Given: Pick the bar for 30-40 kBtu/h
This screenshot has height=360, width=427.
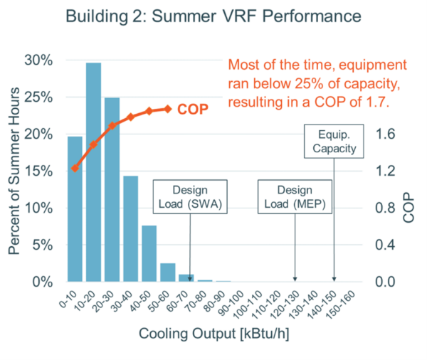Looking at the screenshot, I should coord(130,228).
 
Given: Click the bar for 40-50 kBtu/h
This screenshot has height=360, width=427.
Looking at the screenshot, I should coord(149,253).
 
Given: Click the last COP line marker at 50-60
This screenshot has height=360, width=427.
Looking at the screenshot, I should coord(168,109).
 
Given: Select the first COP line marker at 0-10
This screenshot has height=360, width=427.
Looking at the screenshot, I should coord(75,169).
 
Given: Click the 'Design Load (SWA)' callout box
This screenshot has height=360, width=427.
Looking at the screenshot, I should coord(188,197).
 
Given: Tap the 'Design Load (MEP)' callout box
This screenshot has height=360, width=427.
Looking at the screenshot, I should coord(294,197).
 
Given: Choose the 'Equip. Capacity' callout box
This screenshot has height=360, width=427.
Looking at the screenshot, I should coord(334,141).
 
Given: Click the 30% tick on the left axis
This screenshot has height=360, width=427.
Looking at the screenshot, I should coord(41,60).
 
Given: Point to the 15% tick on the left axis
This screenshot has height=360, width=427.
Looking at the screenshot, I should coord(41,171).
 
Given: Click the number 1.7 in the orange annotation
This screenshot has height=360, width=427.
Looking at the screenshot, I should coord(376,102).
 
